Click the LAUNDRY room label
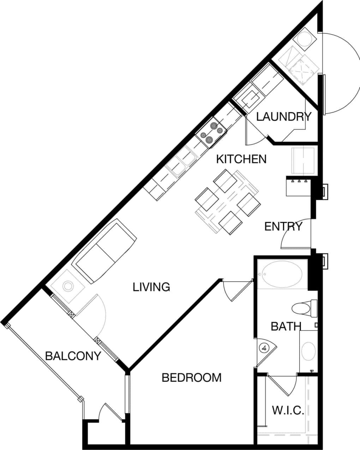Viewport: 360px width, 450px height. coord(284,116)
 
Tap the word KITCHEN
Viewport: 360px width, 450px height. coord(241,159)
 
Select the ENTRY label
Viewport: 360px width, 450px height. coord(283,226)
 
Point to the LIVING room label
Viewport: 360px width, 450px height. coord(151,287)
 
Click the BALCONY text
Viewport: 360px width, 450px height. coord(73,356)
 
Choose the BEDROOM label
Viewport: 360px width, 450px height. coord(191,378)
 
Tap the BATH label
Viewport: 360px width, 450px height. coord(286,326)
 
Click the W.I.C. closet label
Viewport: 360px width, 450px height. coord(288,411)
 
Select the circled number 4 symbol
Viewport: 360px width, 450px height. coord(263,348)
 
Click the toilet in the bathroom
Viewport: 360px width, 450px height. coord(304,308)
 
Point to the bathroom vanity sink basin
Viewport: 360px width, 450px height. coord(309,351)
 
